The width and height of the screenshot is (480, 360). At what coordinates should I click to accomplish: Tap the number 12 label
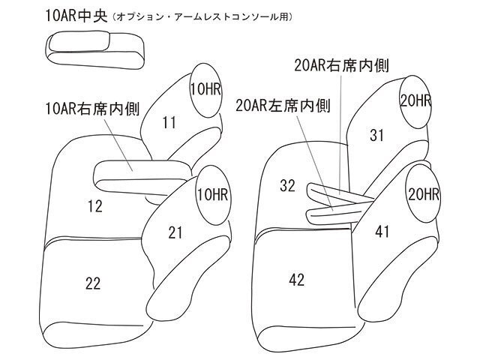tap(94, 204)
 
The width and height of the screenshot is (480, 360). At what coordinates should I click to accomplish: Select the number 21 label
tap(175, 233)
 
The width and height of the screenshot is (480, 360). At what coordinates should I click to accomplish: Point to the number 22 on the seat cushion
tap(93, 283)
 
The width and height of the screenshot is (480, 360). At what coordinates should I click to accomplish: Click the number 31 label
tap(377, 134)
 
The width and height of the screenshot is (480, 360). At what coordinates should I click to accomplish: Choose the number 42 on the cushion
tap(296, 279)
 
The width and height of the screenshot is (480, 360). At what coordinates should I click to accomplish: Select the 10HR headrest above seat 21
tap(212, 196)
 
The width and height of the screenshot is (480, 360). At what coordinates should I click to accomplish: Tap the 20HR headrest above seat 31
tap(415, 100)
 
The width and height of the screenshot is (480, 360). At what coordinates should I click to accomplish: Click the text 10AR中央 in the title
tap(65, 16)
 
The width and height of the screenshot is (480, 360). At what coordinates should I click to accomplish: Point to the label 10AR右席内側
tap(89, 109)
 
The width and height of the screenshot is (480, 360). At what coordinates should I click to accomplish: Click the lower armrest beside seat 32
tap(330, 211)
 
